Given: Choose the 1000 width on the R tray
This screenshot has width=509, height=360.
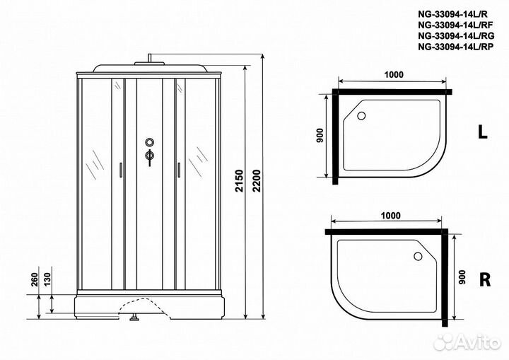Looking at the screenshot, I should coord(389,216).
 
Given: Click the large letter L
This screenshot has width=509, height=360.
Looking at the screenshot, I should coord(482,132).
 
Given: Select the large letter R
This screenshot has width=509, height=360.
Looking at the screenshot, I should coord(484,279).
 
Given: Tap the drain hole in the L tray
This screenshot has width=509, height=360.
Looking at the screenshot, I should coord(362,116).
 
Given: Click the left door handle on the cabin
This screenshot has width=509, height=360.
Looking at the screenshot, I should coord(121,170).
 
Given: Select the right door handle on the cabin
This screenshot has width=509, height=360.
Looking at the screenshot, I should coord(179,170).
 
